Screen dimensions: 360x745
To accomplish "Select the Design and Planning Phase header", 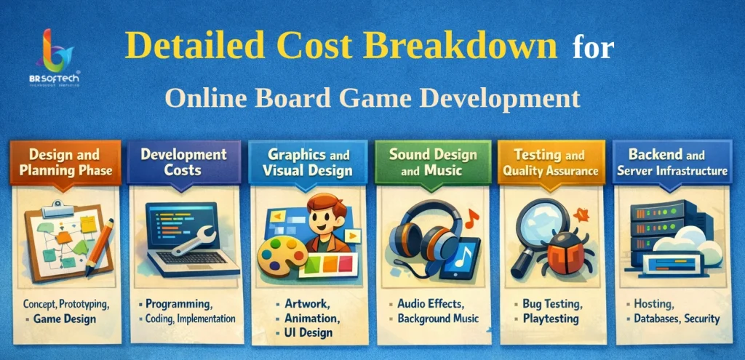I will pyautogui.click(x=65, y=162).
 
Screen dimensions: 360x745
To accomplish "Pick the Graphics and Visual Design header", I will pyautogui.click(x=309, y=162).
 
